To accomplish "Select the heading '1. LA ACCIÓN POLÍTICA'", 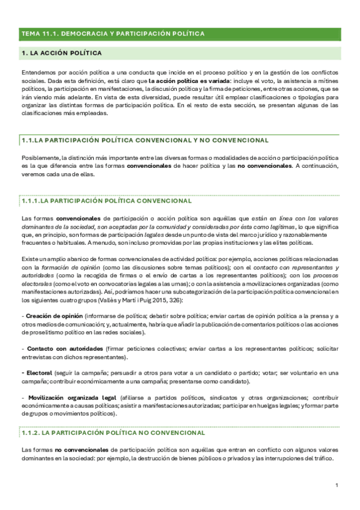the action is tap(61, 54).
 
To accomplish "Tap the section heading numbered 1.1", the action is tap(144, 140).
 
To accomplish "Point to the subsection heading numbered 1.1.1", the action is tap(106, 200).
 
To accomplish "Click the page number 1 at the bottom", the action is tap(337, 485).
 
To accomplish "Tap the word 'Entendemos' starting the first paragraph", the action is tap(38, 72).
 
